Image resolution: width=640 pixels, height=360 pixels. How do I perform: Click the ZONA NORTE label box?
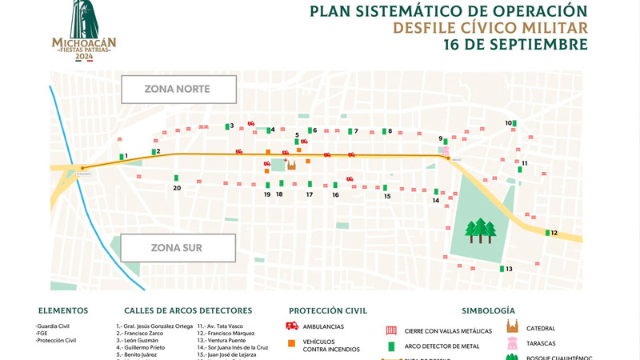(x=178, y=89)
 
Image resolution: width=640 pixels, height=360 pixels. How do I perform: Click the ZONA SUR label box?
(x=178, y=248)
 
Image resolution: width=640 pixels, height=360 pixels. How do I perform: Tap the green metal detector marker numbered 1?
(x=122, y=157)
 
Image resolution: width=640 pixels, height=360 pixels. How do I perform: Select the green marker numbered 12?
(x=548, y=233)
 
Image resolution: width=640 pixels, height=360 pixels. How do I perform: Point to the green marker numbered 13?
(x=502, y=269)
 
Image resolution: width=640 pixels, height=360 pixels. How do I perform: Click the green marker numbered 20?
(x=176, y=178)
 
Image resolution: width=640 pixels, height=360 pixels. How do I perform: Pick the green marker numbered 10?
(x=514, y=123)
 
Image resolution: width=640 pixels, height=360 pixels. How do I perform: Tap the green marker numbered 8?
(x=385, y=131)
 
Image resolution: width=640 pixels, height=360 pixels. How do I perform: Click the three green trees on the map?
(x=481, y=230)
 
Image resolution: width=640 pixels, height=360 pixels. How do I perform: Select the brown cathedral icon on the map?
(x=291, y=165)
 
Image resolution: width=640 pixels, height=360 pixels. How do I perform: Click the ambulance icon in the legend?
(x=292, y=326)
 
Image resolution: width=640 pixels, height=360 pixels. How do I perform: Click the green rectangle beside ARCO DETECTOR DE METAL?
(x=391, y=346)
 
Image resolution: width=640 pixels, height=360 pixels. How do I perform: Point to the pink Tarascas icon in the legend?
(x=512, y=343)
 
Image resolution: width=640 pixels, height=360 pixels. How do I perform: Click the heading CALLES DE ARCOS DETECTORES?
(x=188, y=310)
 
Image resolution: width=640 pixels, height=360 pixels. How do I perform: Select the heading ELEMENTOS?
(x=63, y=310)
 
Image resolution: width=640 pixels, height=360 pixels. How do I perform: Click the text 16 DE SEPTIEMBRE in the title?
(x=515, y=45)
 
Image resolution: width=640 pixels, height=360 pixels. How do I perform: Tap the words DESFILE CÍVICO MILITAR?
(x=490, y=28)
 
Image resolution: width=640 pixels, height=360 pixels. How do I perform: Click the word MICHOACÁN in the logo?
(x=84, y=42)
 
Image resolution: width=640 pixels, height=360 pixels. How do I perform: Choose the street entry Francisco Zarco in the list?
(x=143, y=333)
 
